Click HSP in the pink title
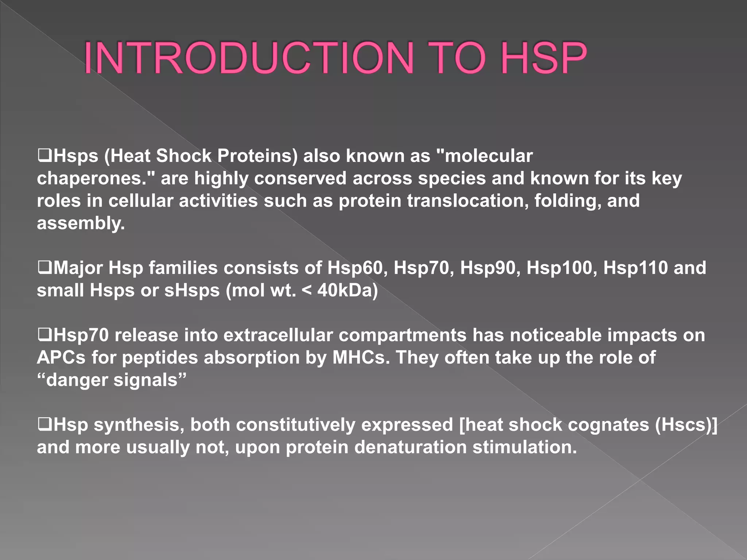(x=543, y=58)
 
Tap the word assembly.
(x=81, y=223)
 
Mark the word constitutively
(x=295, y=425)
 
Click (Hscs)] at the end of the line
(x=686, y=425)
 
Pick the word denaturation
(x=410, y=447)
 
